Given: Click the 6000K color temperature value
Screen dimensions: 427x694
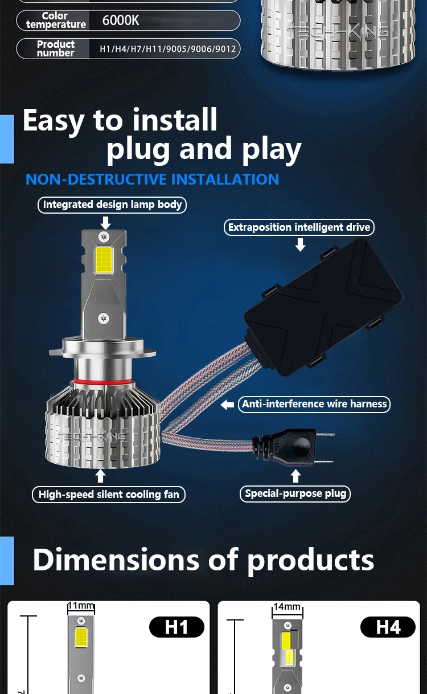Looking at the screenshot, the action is (120, 21).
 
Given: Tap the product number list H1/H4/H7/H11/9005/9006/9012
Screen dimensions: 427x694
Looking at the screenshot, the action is (167, 49).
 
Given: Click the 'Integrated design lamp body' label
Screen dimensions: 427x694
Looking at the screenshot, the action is (112, 205).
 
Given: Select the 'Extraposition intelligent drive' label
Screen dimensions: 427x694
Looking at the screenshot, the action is (299, 227).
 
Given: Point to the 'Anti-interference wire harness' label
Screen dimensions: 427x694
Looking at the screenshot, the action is (314, 404).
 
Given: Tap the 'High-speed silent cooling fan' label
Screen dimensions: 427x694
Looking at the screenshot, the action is (109, 494).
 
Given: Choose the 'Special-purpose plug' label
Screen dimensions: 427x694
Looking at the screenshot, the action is (295, 493).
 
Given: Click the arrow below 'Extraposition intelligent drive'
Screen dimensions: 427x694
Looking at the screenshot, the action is (300, 244).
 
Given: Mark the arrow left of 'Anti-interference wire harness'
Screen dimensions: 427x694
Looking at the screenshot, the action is (228, 405).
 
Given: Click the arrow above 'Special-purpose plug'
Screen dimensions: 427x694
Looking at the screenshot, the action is (295, 476).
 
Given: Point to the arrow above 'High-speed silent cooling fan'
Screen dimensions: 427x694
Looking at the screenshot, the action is (101, 476).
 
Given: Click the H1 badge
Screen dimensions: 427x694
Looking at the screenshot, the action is (176, 627).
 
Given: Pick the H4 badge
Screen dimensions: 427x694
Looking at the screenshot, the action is (388, 627).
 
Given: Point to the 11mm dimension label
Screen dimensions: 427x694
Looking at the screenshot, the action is (81, 606).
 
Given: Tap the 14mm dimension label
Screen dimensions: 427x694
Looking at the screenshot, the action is (286, 607).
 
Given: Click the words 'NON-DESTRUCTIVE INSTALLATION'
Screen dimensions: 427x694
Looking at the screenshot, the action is (153, 179).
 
